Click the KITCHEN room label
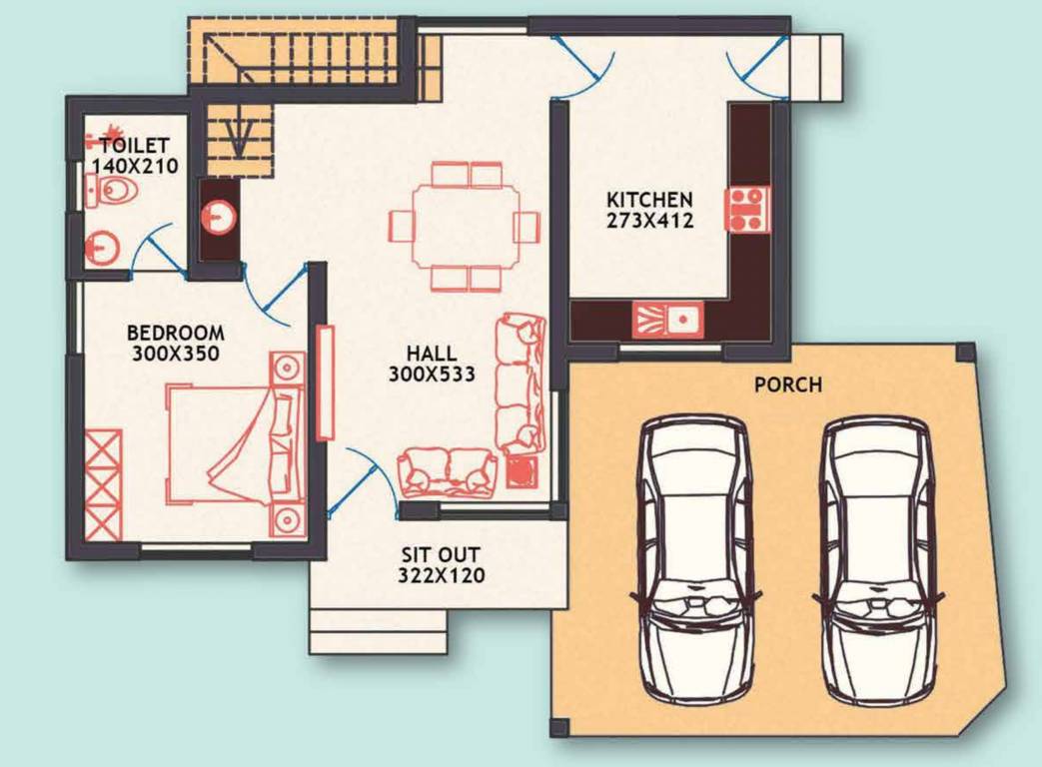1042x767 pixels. [x=649, y=199]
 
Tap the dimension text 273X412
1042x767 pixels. [x=649, y=221]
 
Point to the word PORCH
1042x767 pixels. [x=789, y=383]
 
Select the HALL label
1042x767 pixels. [x=432, y=354]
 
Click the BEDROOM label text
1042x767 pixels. [x=176, y=333]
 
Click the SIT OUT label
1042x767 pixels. [x=441, y=554]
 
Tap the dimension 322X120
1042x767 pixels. [x=441, y=575]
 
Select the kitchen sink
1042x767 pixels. [x=667, y=320]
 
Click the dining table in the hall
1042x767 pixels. [x=465, y=226]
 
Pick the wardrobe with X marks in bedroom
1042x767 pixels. [x=103, y=484]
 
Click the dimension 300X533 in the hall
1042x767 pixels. [x=432, y=375]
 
